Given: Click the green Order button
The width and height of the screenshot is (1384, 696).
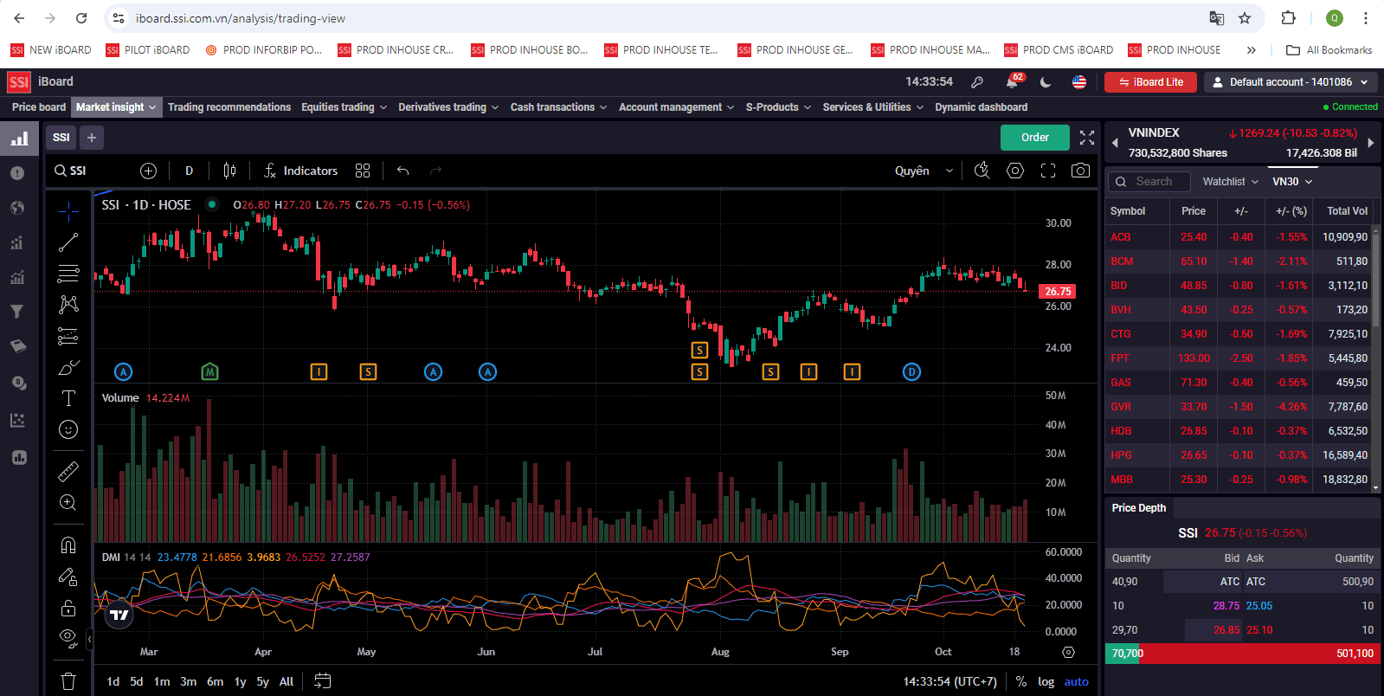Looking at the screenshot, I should coord(1034,138).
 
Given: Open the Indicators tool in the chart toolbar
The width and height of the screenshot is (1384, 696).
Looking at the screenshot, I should coord(301,171).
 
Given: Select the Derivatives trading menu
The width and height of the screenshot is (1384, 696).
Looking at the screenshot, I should coord(447,107).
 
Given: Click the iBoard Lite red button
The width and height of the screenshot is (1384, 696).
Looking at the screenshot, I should coord(1150,82).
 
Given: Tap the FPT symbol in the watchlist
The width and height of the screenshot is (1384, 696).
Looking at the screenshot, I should coord(1120,358).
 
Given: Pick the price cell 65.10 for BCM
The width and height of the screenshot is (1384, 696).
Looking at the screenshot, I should coord(1193,261).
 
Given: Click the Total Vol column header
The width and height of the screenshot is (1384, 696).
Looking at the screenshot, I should coord(1347,211).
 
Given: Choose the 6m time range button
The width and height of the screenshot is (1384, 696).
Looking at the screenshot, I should coord(215,681).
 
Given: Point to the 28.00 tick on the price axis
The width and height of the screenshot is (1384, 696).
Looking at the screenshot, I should coord(1058,265).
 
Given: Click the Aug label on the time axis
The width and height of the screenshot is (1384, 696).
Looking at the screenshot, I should coord(720,652).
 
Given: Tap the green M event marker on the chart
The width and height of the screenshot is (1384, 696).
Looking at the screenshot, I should coord(209,372).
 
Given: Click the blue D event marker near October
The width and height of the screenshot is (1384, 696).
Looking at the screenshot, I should coord(911,372).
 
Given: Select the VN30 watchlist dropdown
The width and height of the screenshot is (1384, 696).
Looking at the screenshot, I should coord(1291,182).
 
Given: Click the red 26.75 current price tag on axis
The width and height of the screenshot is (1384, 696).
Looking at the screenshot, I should coord(1057,292).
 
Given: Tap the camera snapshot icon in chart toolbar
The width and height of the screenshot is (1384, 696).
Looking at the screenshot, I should coord(1080,171).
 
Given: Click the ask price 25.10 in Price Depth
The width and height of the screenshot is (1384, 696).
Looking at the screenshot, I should coord(1259,630).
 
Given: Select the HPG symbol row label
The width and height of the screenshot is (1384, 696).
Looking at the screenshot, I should coord(1121,455).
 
